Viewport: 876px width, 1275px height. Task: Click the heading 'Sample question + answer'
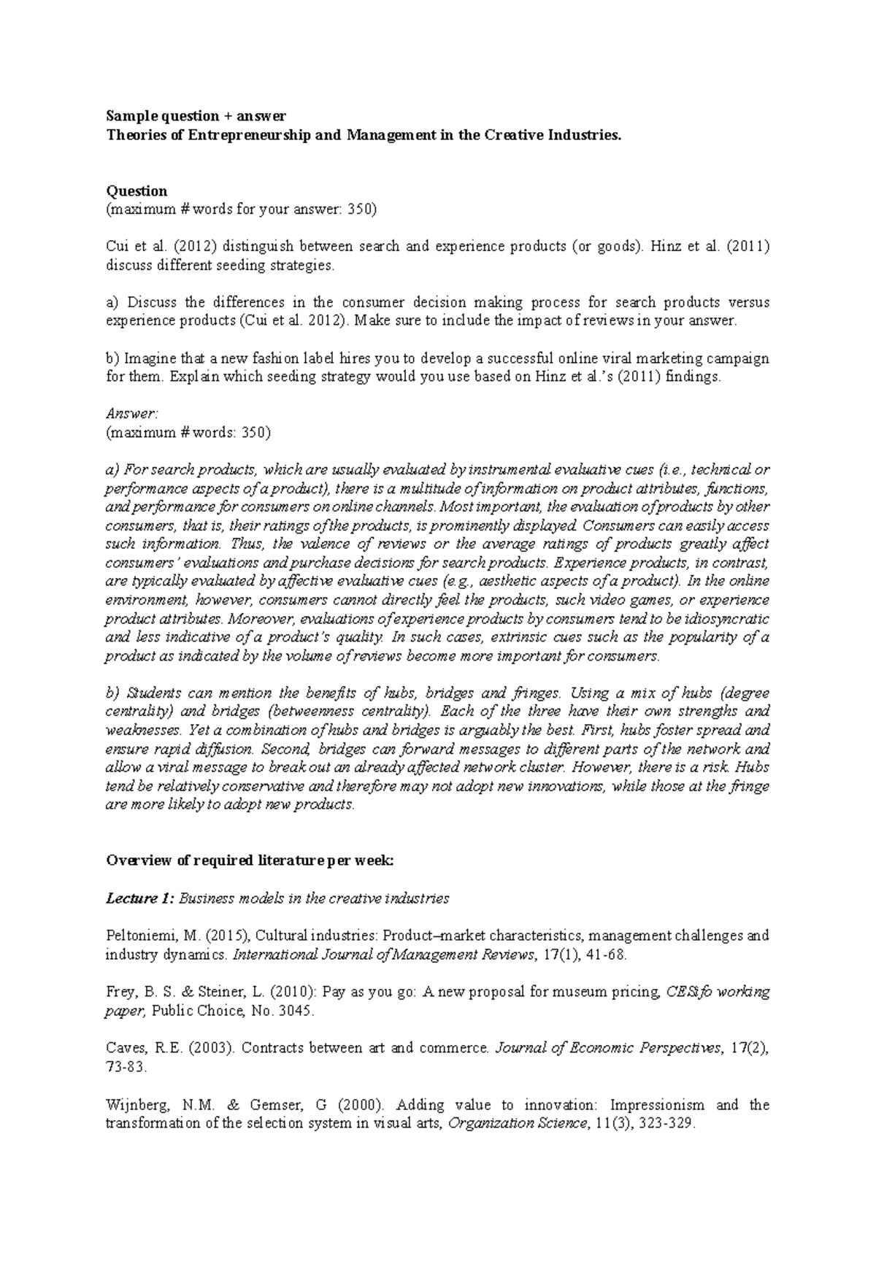pyautogui.click(x=196, y=116)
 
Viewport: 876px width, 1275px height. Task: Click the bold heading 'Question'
pyautogui.click(x=137, y=190)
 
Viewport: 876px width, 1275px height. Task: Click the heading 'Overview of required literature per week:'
pyautogui.click(x=250, y=860)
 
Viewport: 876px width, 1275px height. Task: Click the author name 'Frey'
pyautogui.click(x=119, y=993)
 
